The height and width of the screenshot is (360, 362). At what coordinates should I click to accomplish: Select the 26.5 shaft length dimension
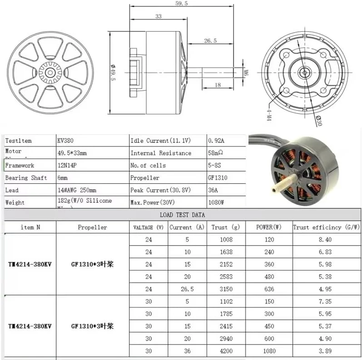tap(210, 40)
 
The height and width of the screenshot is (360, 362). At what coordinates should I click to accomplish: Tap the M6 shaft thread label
tap(245, 73)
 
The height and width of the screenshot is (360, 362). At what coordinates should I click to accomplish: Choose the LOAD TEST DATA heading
tap(182, 215)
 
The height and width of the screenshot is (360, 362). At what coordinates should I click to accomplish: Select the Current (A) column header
tap(187, 227)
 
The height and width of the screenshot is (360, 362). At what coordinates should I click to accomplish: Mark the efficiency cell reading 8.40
tap(325, 240)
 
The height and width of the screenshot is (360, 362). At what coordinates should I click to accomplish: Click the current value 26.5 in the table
tap(187, 289)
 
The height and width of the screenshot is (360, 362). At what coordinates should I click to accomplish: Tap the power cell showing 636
tap(269, 289)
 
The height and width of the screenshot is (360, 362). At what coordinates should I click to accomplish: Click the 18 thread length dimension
tap(218, 85)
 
